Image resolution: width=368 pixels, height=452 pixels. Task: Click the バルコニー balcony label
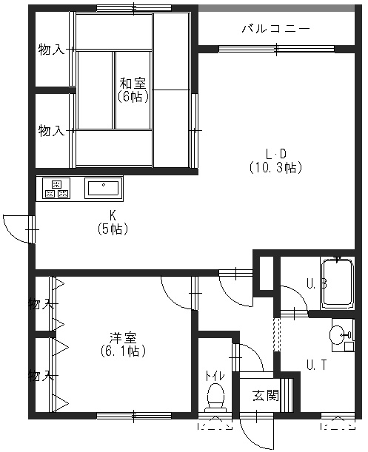(x=275, y=29)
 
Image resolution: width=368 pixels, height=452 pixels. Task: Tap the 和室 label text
(x=133, y=84)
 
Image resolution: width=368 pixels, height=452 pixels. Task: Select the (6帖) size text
(x=133, y=97)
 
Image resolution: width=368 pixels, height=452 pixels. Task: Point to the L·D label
(x=276, y=154)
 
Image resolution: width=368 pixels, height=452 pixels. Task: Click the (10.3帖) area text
(x=275, y=167)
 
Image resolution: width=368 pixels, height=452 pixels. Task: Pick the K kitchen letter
(x=113, y=215)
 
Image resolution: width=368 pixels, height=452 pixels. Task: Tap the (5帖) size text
(x=113, y=229)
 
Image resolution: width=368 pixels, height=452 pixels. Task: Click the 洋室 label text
(x=123, y=338)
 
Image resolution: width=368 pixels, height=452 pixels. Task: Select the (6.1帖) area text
(x=123, y=351)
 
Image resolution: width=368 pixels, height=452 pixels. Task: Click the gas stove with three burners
(x=56, y=188)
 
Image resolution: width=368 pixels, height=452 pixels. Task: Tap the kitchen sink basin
(x=104, y=188)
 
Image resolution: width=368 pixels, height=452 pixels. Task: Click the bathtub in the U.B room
(x=338, y=284)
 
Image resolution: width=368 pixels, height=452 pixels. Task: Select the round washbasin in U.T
(x=338, y=334)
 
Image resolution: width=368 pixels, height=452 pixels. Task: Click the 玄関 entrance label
(x=266, y=396)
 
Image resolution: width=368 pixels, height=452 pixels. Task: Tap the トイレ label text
(x=215, y=377)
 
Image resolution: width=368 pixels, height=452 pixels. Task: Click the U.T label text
(x=317, y=365)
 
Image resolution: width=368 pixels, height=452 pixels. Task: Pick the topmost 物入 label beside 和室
(x=51, y=50)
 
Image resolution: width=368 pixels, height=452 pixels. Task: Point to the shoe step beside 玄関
(x=287, y=395)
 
